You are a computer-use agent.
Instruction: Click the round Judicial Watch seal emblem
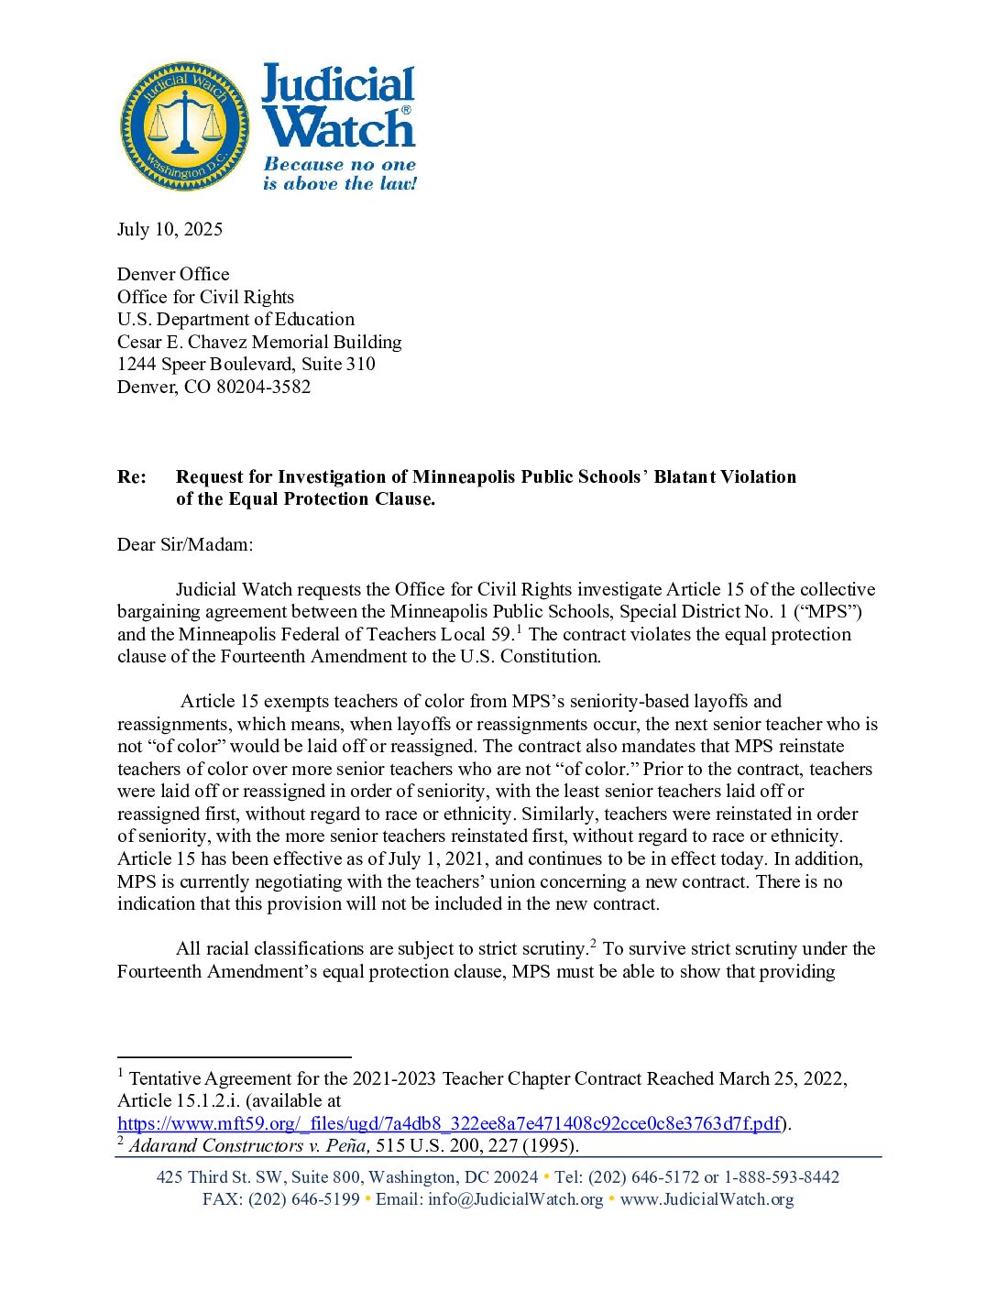(185, 126)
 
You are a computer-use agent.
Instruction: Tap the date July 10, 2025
(170, 229)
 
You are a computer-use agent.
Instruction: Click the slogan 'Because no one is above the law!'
(340, 174)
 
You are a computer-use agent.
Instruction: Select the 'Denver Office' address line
(173, 274)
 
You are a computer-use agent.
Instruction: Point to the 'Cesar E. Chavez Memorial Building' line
(259, 342)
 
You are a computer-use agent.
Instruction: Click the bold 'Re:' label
(132, 476)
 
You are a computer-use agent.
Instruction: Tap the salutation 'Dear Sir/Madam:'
(185, 544)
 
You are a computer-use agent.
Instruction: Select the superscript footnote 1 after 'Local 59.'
(520, 629)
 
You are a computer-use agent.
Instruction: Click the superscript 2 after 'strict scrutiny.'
(593, 943)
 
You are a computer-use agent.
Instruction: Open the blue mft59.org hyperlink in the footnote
(449, 1123)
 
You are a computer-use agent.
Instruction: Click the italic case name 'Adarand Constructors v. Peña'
(249, 1145)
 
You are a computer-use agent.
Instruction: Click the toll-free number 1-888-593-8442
(782, 1177)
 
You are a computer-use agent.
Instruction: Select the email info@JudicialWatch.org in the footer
(516, 1199)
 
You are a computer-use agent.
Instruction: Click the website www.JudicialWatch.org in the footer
(707, 1199)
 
